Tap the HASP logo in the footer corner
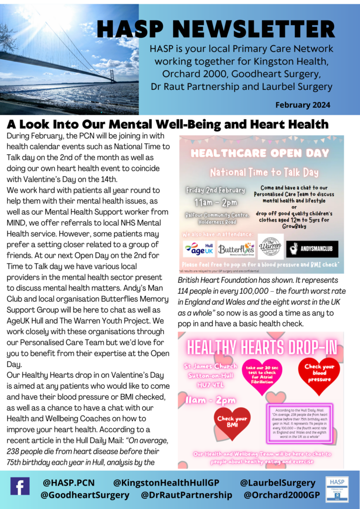[337, 489]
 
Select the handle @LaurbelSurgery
[277, 483]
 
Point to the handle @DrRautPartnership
[186, 495]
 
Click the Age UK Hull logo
[198, 248]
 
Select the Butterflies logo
[236, 248]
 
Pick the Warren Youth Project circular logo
[270, 247]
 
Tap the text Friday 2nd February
[216, 190]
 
